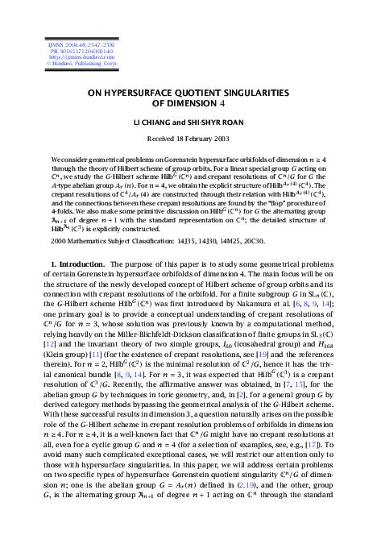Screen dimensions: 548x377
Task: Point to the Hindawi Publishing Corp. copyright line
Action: tap(66, 59)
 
